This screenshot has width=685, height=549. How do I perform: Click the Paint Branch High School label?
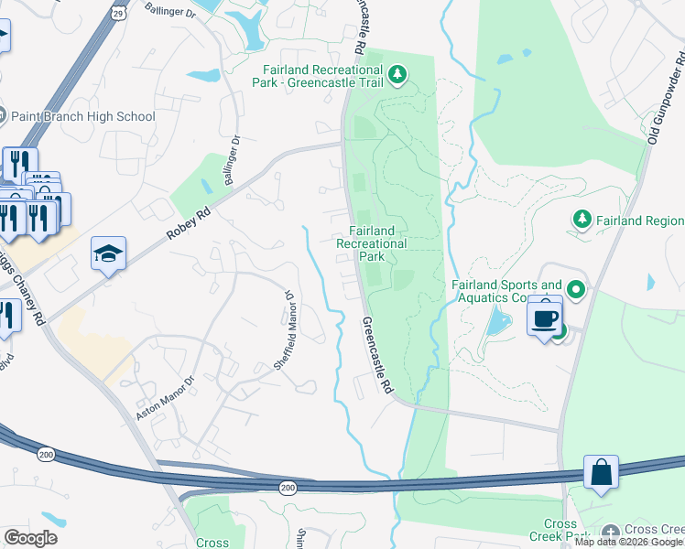(x=83, y=116)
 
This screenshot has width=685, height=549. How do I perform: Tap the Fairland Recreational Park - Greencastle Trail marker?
(x=397, y=74)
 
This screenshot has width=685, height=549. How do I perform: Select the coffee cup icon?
(x=545, y=318)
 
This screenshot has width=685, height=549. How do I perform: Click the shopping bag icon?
(x=601, y=473)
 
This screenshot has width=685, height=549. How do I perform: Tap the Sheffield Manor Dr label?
(x=285, y=330)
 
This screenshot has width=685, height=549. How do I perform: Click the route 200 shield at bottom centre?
(x=288, y=490)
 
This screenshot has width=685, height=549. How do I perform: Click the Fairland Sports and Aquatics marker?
(x=575, y=291)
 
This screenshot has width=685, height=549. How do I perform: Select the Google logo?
(x=30, y=538)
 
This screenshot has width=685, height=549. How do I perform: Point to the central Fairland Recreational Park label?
(x=371, y=243)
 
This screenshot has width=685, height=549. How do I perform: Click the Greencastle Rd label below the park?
(x=376, y=356)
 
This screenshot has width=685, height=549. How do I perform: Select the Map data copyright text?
(x=629, y=543)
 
